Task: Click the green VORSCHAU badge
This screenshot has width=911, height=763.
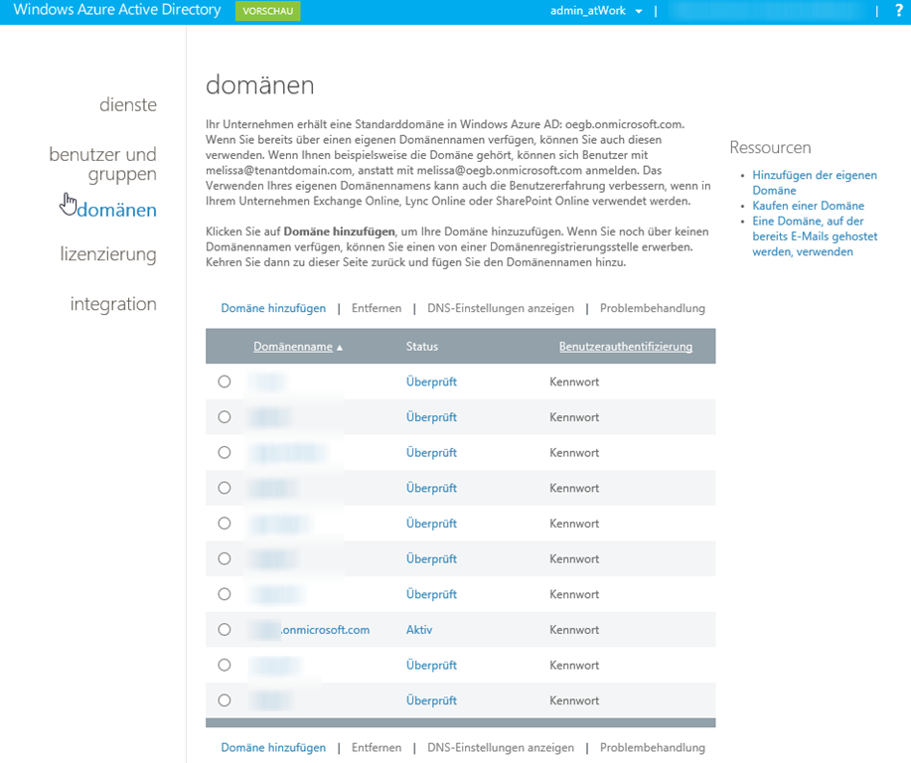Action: tap(267, 11)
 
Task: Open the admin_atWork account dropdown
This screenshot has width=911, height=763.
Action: tap(596, 11)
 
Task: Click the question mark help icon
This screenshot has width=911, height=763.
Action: tap(898, 11)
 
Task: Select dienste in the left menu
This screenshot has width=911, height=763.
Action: tap(128, 104)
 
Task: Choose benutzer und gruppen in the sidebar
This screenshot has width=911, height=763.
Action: tap(103, 164)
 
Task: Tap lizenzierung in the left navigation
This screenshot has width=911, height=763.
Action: tap(108, 254)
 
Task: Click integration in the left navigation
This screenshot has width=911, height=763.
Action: tap(113, 304)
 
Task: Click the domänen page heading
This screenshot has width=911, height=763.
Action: tap(259, 84)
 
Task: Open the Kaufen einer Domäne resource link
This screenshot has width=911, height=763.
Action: tap(808, 206)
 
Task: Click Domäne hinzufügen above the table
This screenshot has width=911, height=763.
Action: tap(273, 308)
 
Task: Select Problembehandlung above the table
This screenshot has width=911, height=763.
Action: tap(652, 308)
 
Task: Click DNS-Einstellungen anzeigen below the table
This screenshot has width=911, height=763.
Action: tap(501, 747)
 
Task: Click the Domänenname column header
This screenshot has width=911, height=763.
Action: tap(293, 347)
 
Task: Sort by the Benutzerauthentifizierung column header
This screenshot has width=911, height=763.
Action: tap(626, 347)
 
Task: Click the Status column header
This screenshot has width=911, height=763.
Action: tap(422, 347)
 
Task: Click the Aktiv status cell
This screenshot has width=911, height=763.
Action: tap(419, 630)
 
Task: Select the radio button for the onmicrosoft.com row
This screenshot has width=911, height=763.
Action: tap(225, 630)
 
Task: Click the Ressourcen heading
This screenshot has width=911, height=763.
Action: tap(770, 147)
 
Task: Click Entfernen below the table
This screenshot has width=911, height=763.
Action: tap(377, 747)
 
